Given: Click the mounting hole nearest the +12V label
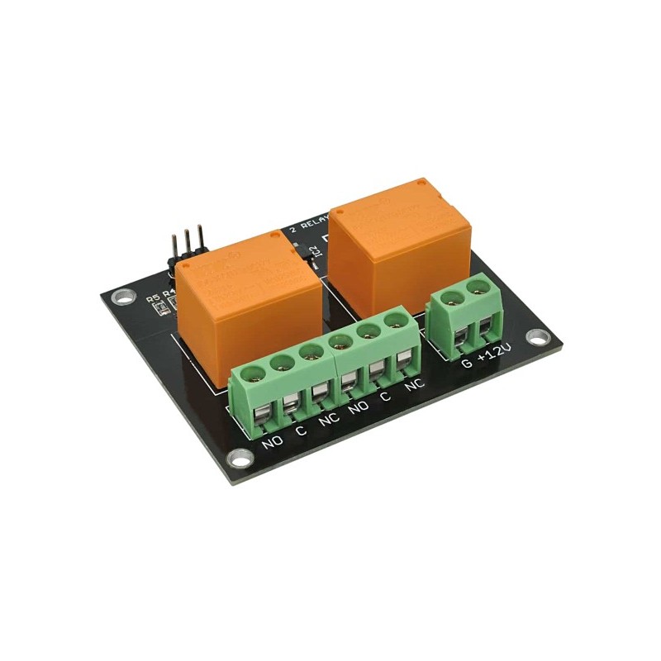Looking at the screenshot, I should (x=538, y=336).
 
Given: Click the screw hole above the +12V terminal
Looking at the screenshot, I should (x=478, y=288).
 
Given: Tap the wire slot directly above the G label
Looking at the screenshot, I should (x=461, y=339).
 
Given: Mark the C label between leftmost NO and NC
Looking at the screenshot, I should (x=301, y=430).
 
